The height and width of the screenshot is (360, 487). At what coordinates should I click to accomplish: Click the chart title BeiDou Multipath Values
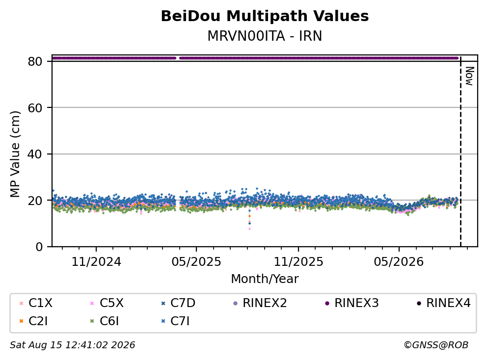(x=265, y=16)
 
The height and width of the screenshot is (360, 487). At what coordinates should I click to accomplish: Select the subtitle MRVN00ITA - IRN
(x=265, y=36)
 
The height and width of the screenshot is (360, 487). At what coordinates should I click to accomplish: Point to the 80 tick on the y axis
(x=35, y=61)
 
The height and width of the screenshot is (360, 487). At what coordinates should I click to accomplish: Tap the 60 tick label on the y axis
(x=35, y=108)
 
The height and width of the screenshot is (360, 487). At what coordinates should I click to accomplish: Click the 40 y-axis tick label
(x=35, y=154)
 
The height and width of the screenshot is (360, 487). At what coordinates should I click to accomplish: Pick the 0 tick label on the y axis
(x=39, y=247)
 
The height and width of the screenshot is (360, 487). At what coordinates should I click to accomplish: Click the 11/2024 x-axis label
(x=96, y=261)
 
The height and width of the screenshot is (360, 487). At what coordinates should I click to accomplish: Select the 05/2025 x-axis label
(x=196, y=261)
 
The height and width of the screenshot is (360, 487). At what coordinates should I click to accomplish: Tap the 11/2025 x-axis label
(x=298, y=261)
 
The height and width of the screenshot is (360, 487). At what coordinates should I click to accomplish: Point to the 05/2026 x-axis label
(x=399, y=261)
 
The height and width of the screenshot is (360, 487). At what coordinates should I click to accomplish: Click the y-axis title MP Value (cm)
(x=15, y=154)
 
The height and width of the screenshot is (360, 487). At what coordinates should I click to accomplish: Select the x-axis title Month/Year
(x=265, y=279)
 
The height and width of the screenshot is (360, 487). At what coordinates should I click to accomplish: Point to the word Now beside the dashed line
(x=470, y=76)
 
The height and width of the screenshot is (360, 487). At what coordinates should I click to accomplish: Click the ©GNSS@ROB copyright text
(x=436, y=345)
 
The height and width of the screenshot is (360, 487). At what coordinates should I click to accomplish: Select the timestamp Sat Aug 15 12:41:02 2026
(x=73, y=345)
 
